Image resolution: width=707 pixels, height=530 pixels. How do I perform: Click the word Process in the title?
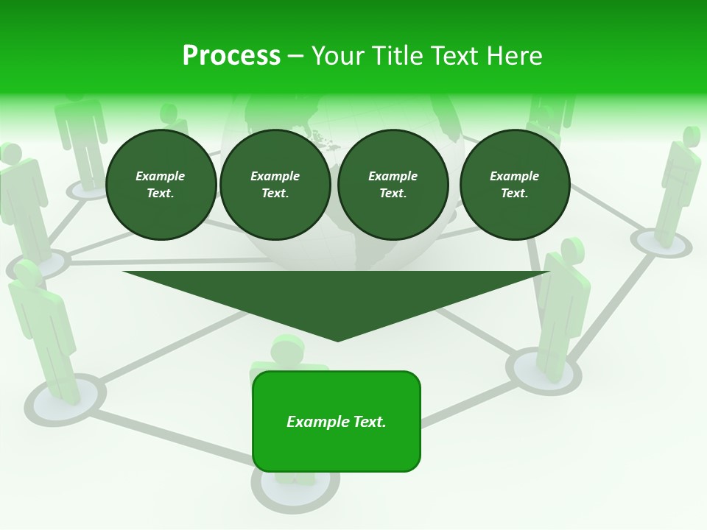[231, 56]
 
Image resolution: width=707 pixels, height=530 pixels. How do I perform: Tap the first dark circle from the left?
[161, 185]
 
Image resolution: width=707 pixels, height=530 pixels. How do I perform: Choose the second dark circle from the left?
[275, 185]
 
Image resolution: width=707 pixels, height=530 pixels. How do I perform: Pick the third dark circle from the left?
[393, 185]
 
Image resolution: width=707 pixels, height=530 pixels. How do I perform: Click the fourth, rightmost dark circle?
[514, 185]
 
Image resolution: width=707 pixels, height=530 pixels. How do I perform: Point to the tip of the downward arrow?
[337, 339]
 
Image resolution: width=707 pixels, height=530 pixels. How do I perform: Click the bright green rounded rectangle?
[337, 449]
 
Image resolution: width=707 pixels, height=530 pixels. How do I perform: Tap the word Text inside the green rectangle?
[368, 422]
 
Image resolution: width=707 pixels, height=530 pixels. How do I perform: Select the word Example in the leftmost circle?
[161, 176]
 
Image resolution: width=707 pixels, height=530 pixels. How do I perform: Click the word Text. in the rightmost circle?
[514, 194]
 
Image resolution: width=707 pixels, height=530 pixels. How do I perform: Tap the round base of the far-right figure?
[661, 243]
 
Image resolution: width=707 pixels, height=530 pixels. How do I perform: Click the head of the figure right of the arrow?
[573, 250]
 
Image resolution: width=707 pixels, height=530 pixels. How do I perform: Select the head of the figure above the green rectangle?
[289, 349]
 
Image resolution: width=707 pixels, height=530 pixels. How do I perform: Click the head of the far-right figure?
[691, 136]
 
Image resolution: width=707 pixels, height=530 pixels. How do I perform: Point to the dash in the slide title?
[295, 56]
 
